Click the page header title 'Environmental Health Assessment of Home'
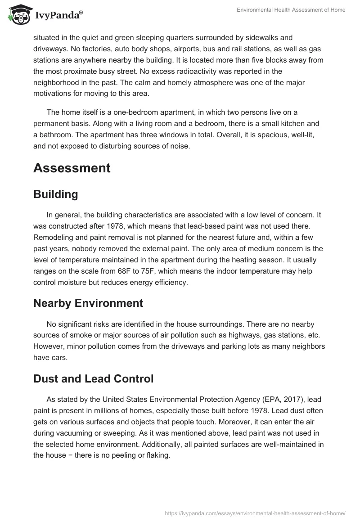click(291, 10)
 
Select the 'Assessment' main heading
click(72, 168)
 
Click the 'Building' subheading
click(56, 194)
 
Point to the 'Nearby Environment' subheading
click(88, 303)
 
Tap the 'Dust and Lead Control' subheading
click(94, 379)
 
